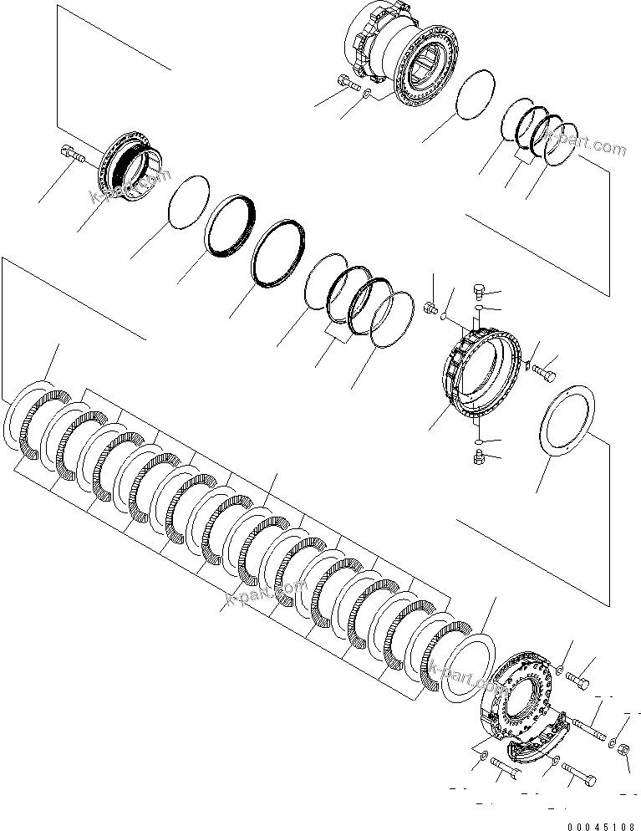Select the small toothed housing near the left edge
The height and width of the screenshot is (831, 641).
130,166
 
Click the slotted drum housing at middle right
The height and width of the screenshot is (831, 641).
480,372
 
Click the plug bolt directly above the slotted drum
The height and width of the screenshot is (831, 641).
479,291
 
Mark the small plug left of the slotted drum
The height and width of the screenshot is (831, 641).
432,309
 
